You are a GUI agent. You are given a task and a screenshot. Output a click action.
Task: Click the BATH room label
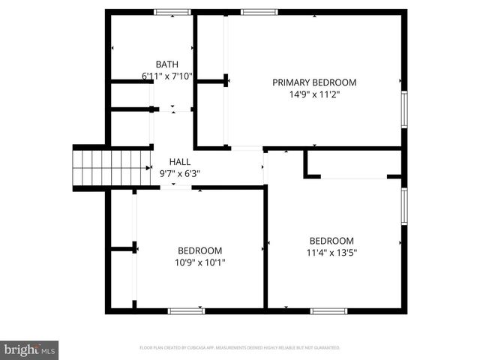click(x=166, y=64)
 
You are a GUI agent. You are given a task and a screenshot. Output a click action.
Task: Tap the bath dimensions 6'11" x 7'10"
click(x=166, y=76)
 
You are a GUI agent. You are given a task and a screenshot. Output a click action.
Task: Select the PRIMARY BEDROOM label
click(x=313, y=82)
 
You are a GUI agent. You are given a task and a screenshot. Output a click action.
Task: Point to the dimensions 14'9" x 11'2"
click(x=313, y=94)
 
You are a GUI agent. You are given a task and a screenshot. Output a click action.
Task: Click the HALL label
click(x=179, y=161)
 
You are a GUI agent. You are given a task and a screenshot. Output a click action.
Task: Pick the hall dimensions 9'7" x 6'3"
click(x=179, y=173)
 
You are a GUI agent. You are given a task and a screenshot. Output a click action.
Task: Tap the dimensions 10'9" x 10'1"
click(x=199, y=262)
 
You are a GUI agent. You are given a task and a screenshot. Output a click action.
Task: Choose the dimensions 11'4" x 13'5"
click(x=332, y=253)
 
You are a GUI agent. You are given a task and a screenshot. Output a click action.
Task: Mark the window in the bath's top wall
click(x=172, y=12)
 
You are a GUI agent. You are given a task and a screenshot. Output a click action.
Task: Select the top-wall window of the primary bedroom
click(x=259, y=12)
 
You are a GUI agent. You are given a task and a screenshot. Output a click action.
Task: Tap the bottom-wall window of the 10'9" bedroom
click(x=186, y=310)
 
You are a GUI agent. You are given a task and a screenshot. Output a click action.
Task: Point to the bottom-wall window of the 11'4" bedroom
click(x=328, y=310)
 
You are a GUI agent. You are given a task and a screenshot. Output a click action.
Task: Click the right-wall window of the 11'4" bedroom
click(x=404, y=207)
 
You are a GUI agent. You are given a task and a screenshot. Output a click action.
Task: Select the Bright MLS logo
click(x=30, y=349)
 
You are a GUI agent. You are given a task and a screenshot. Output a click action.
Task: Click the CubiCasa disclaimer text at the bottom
click(x=240, y=348)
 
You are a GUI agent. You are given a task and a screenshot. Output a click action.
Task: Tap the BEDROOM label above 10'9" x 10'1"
click(x=199, y=250)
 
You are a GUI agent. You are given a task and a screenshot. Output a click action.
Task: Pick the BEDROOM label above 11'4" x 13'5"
click(x=332, y=241)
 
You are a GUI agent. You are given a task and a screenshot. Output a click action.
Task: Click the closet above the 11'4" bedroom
click(x=352, y=164)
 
